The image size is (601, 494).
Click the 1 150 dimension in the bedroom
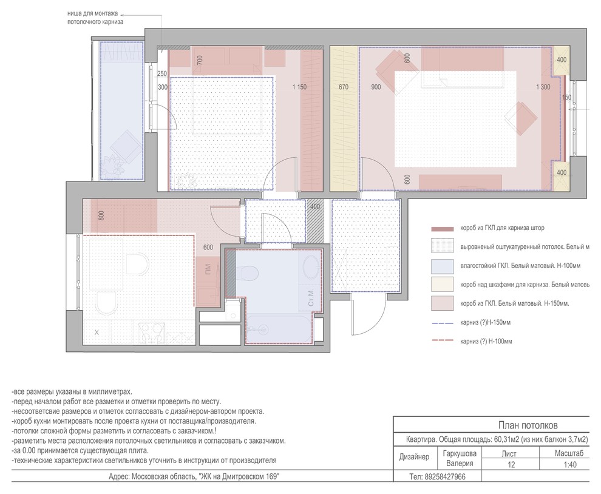point(299,87)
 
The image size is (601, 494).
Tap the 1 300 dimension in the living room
point(543,87)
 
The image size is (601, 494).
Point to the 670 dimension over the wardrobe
point(344,87)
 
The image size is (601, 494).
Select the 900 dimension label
point(376,87)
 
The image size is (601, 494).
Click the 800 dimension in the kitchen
point(101,216)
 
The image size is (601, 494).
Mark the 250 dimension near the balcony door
point(162,74)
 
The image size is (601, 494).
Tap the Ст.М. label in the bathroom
point(311,297)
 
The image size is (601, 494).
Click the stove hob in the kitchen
point(151,332)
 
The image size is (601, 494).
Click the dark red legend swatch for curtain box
point(443,229)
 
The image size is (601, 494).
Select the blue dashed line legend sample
point(443,323)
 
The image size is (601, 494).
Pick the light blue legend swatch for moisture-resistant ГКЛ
point(443,265)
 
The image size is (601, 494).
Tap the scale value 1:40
point(570,465)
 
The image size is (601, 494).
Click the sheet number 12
point(511,465)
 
